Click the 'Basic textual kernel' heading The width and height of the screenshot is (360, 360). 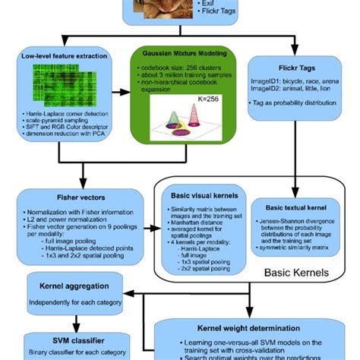[x=295, y=206]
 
